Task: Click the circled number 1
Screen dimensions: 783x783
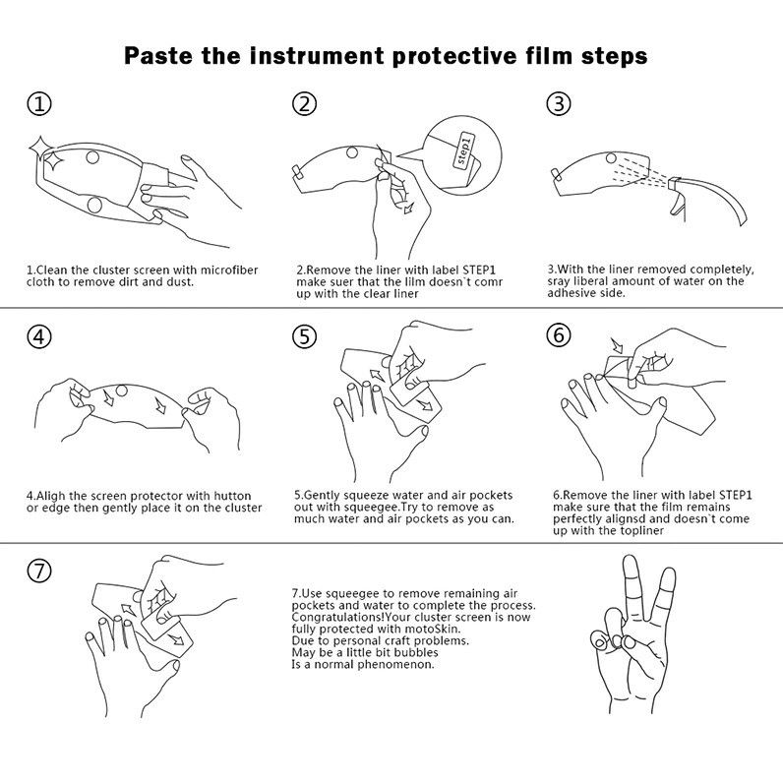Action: [x=39, y=104]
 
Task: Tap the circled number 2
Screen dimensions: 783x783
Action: [x=304, y=104]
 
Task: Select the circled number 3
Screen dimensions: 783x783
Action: [x=559, y=104]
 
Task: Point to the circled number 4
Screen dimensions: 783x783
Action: [x=39, y=336]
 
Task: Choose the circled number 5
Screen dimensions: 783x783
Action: [x=304, y=336]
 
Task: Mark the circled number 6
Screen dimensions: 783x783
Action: [x=559, y=334]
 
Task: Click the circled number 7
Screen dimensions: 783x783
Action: [x=39, y=571]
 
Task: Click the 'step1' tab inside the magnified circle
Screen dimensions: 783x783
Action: [x=463, y=150]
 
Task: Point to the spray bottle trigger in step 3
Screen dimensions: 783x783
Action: [x=676, y=204]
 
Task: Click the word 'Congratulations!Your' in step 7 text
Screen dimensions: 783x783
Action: [x=346, y=617]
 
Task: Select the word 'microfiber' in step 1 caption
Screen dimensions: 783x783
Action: [x=229, y=271]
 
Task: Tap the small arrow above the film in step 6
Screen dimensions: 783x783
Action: [x=617, y=344]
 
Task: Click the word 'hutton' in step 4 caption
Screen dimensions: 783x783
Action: [x=232, y=496]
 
